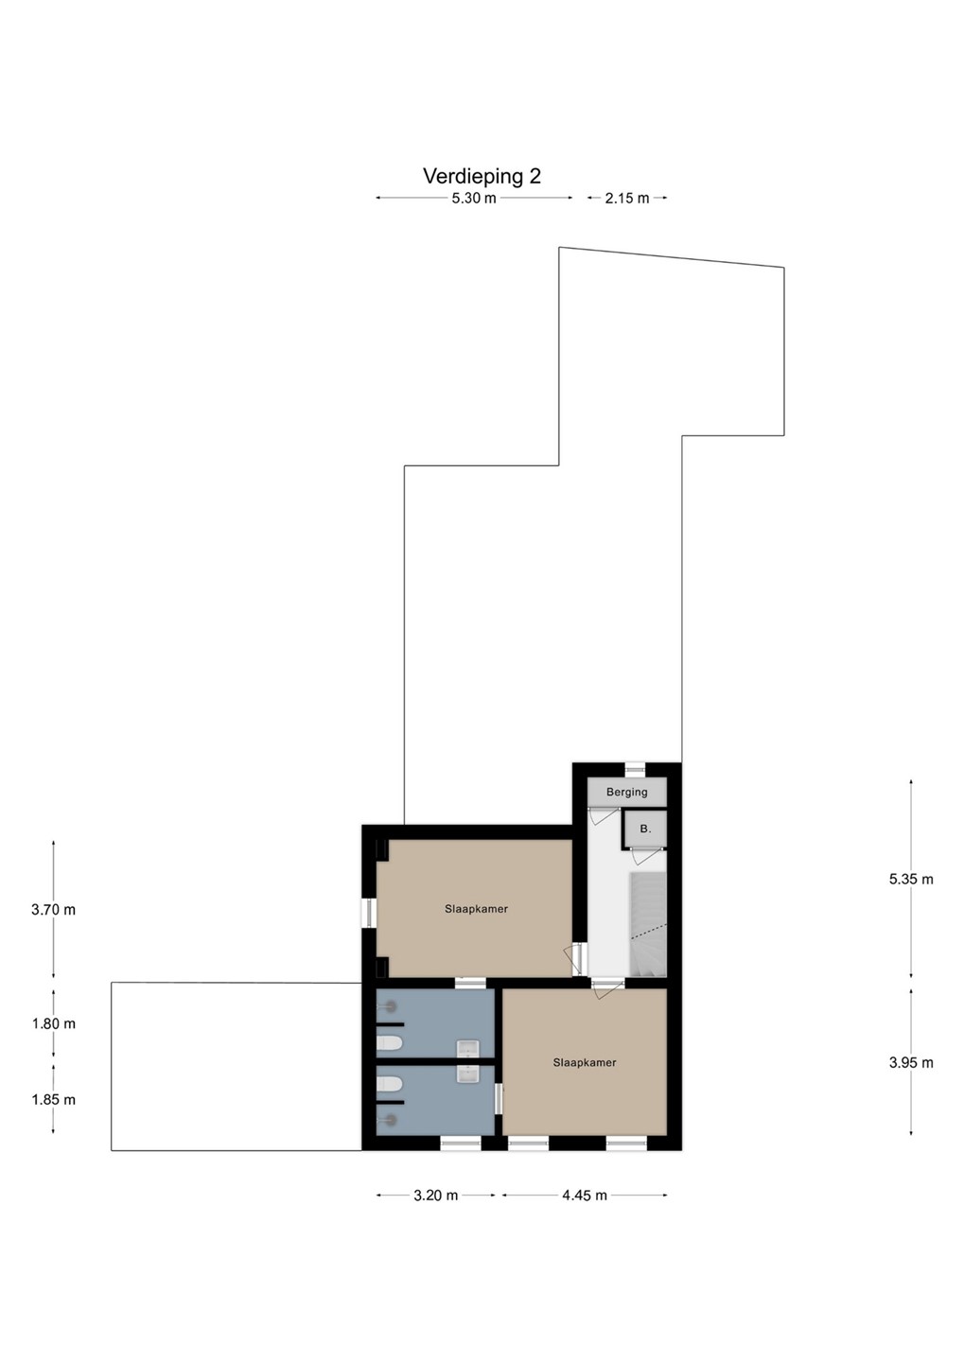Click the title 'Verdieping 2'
point(482,176)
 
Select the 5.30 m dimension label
point(474,199)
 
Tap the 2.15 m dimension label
point(627,199)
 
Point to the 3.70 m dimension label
point(54,910)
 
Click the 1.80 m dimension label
point(54,1024)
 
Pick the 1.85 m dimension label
point(54,1100)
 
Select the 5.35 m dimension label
point(911,880)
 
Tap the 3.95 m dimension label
point(911,1063)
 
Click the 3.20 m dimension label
point(436,1196)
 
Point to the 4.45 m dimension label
point(585,1196)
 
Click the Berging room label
point(627,793)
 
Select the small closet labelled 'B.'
point(645,829)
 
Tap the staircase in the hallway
point(648,924)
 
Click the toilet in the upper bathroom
point(389,1043)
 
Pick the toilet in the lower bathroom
point(389,1084)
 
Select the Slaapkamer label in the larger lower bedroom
point(585,1063)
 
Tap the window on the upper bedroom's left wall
point(369,914)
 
